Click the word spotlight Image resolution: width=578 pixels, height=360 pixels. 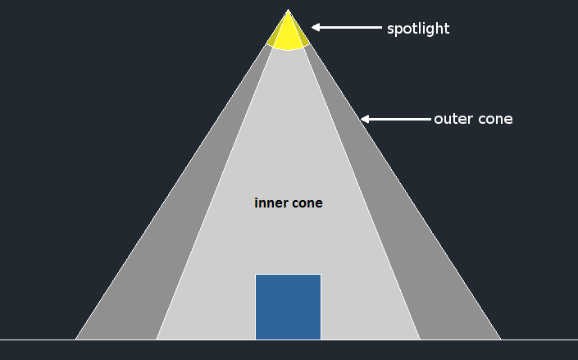(418, 29)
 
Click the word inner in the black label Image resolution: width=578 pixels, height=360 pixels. (271, 203)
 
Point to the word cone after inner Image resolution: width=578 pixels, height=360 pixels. (306, 203)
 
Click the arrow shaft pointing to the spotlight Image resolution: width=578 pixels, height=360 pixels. (348, 28)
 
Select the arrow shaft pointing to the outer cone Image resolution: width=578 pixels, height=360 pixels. (398, 119)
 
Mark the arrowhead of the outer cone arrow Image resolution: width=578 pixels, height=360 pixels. (366, 119)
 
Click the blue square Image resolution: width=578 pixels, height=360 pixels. (288, 307)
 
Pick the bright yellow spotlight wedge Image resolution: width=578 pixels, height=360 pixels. (289, 33)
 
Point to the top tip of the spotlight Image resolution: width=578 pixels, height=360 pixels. (288, 10)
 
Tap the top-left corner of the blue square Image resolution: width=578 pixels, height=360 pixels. (256, 275)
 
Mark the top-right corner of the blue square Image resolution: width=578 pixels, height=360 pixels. (321, 275)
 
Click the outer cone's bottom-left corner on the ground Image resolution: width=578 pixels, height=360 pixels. (76, 339)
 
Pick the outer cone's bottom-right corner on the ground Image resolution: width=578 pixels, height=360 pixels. (500, 339)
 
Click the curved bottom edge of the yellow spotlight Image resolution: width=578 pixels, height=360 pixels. (289, 50)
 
